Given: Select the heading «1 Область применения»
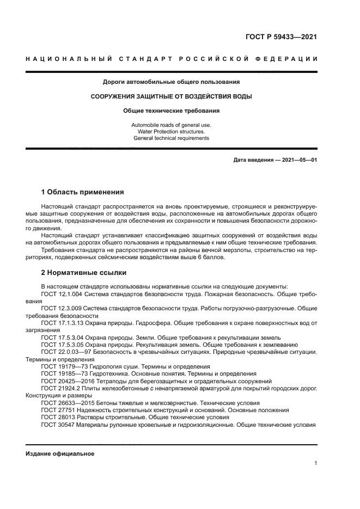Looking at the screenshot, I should click(x=83, y=192).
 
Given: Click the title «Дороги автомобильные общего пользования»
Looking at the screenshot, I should click(x=171, y=82).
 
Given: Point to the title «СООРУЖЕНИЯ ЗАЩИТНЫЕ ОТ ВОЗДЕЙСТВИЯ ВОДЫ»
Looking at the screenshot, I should click(x=171, y=96).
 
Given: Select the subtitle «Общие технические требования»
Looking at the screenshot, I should click(x=171, y=111).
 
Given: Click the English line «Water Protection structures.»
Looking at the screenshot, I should click(x=171, y=132).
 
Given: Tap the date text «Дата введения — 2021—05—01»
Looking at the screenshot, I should click(x=275, y=160).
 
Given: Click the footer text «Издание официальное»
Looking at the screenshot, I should click(x=60, y=453).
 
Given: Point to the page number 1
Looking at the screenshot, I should click(x=316, y=463).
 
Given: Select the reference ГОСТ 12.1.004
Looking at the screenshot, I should click(x=60, y=294).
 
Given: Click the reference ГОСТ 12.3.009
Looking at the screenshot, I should click(x=60, y=309).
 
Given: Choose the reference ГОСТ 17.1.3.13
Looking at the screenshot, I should click(x=62, y=323).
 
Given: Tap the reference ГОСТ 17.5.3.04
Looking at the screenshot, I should click(x=62, y=338).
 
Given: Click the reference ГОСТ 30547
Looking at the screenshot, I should click(x=57, y=425).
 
